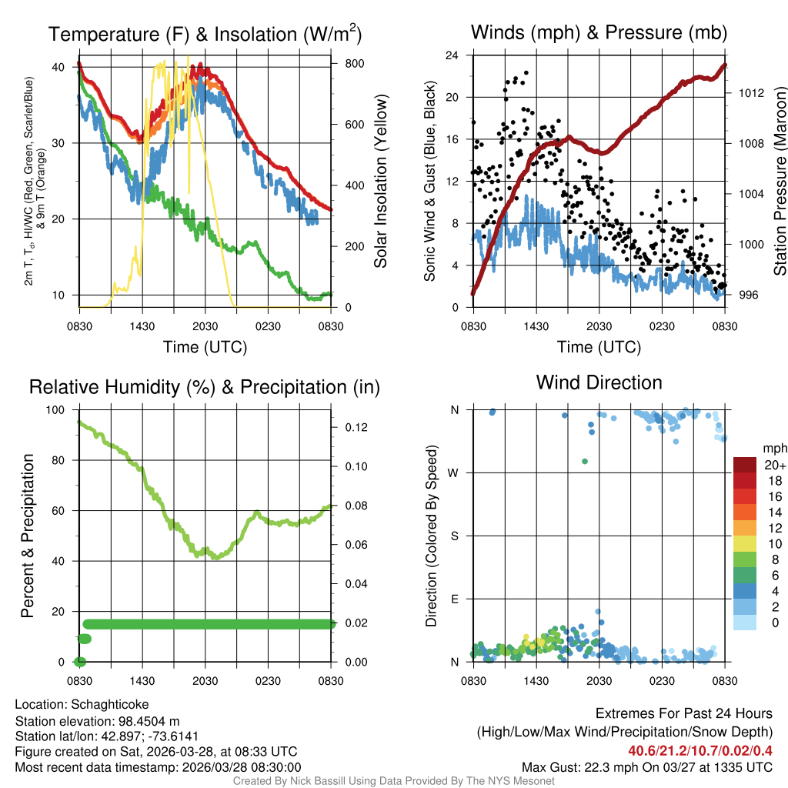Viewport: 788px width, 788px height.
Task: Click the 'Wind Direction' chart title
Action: (x=599, y=382)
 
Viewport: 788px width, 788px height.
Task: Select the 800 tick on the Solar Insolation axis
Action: (x=355, y=63)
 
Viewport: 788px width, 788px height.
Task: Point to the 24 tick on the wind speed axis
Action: (x=452, y=55)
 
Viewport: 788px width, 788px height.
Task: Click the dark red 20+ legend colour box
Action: (x=746, y=465)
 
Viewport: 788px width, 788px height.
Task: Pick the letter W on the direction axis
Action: (x=455, y=472)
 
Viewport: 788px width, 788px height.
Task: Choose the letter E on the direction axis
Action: (x=455, y=599)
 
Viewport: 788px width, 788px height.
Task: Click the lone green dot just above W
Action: (x=585, y=461)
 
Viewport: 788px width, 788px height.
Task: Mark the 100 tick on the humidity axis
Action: (x=58, y=410)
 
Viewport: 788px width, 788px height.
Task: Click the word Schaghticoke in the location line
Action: (x=110, y=704)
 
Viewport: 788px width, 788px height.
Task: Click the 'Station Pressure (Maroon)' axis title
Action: (x=779, y=181)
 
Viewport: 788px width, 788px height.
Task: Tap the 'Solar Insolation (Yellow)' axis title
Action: (x=380, y=181)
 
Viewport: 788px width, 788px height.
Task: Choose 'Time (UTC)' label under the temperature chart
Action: (x=205, y=347)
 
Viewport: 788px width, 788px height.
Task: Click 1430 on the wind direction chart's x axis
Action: (x=536, y=681)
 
